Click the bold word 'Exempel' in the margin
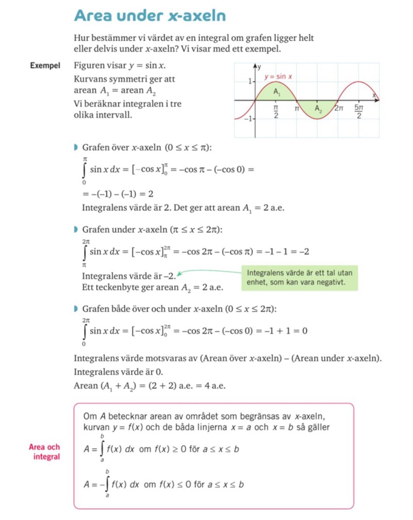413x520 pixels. pos(45,67)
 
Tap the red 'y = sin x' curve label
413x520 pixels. pos(278,77)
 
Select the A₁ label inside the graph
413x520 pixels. pos(277,92)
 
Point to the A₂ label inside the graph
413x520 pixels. pos(319,109)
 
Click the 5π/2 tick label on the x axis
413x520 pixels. pos(359,112)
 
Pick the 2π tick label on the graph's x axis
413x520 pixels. pos(339,108)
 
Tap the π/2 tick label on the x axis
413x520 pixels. pos(276,112)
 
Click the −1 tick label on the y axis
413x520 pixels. pos(248,119)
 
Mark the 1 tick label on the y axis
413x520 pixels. pos(249,82)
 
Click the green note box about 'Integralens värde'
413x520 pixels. pos(299,278)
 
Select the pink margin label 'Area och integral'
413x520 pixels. pos(44,452)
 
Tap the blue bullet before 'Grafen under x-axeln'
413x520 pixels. pos(76,229)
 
